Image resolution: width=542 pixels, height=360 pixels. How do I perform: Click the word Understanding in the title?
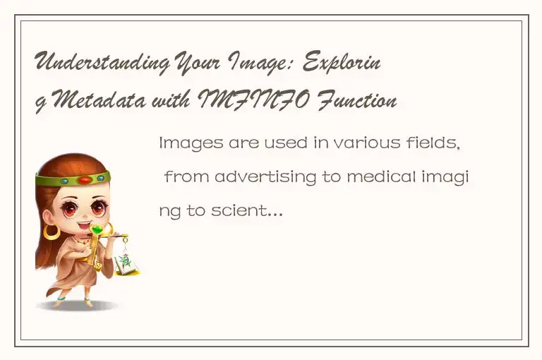[x=102, y=64]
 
